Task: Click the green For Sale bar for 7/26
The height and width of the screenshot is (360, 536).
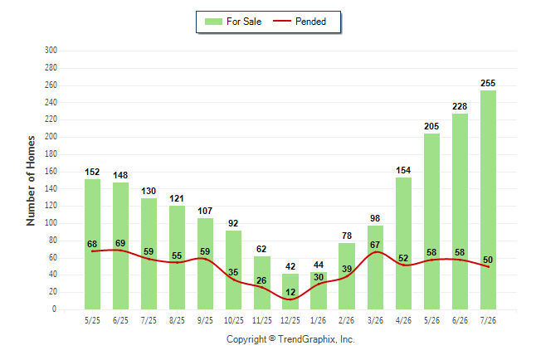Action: [488, 200]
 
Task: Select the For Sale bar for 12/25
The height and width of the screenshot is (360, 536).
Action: [290, 291]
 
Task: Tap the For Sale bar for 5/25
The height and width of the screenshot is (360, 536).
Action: [92, 244]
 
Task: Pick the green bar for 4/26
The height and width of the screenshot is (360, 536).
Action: [403, 243]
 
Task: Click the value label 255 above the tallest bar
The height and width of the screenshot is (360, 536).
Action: [488, 83]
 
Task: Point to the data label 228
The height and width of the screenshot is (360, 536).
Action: [460, 106]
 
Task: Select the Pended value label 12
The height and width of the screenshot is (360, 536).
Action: [290, 292]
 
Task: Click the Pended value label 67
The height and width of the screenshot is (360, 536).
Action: [375, 245]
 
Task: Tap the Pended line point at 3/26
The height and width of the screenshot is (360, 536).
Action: [376, 252]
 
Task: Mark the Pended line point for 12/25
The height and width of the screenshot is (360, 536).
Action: [290, 299]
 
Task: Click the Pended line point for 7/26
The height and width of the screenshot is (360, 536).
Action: [488, 266]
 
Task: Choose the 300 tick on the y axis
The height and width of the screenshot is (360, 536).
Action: [51, 51]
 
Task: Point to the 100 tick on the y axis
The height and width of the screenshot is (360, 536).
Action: [51, 223]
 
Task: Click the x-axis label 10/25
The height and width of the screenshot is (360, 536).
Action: [234, 320]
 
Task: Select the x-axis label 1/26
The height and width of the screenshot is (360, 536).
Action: [319, 320]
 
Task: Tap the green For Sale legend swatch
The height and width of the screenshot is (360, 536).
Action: [213, 22]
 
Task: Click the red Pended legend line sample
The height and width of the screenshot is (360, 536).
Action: [282, 22]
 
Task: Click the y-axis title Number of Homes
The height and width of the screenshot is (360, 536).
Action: [31, 181]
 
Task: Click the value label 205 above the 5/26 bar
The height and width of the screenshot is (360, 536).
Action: [431, 126]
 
